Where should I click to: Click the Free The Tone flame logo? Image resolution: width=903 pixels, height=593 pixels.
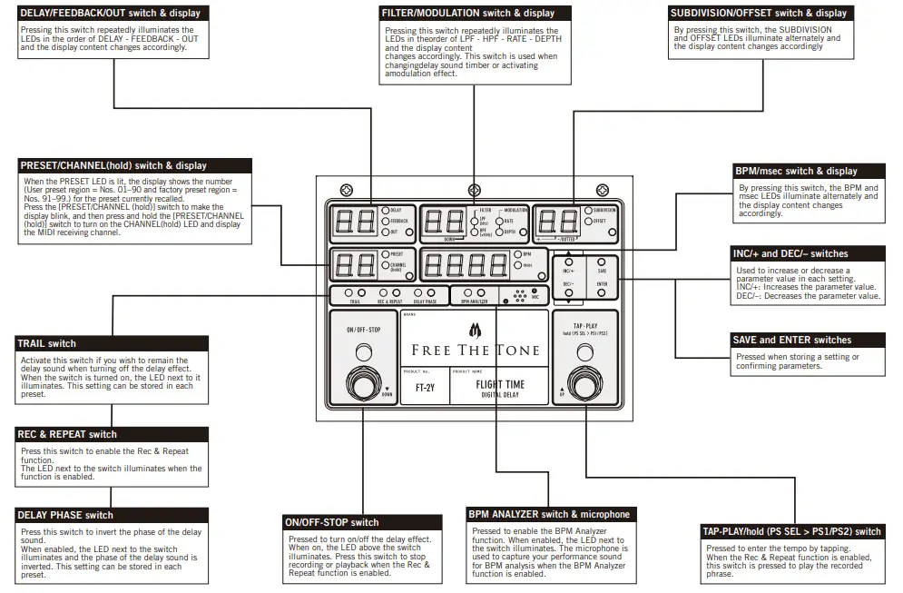coord(474,329)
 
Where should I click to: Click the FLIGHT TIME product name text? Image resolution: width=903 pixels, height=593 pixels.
coord(500,384)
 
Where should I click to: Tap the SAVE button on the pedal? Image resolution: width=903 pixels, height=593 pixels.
coord(602,262)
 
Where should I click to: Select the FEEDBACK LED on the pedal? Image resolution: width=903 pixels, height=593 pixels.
coord(387,221)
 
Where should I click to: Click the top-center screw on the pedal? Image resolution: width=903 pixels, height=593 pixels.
coord(474,188)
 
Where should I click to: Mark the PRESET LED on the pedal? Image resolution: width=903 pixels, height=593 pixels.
coord(386,254)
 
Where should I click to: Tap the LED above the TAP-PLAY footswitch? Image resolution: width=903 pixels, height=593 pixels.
coord(584,352)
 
